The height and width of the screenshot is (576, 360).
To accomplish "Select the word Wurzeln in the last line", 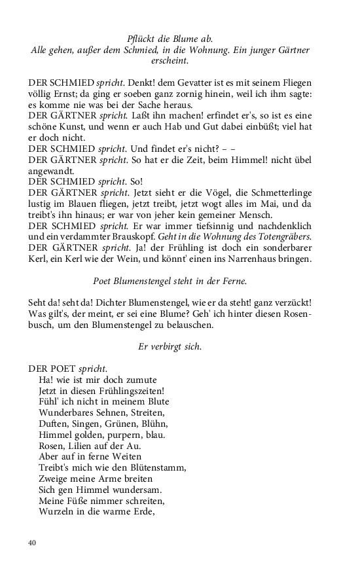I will pos(56,512).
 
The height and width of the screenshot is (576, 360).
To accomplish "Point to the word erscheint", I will pos(170,61).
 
